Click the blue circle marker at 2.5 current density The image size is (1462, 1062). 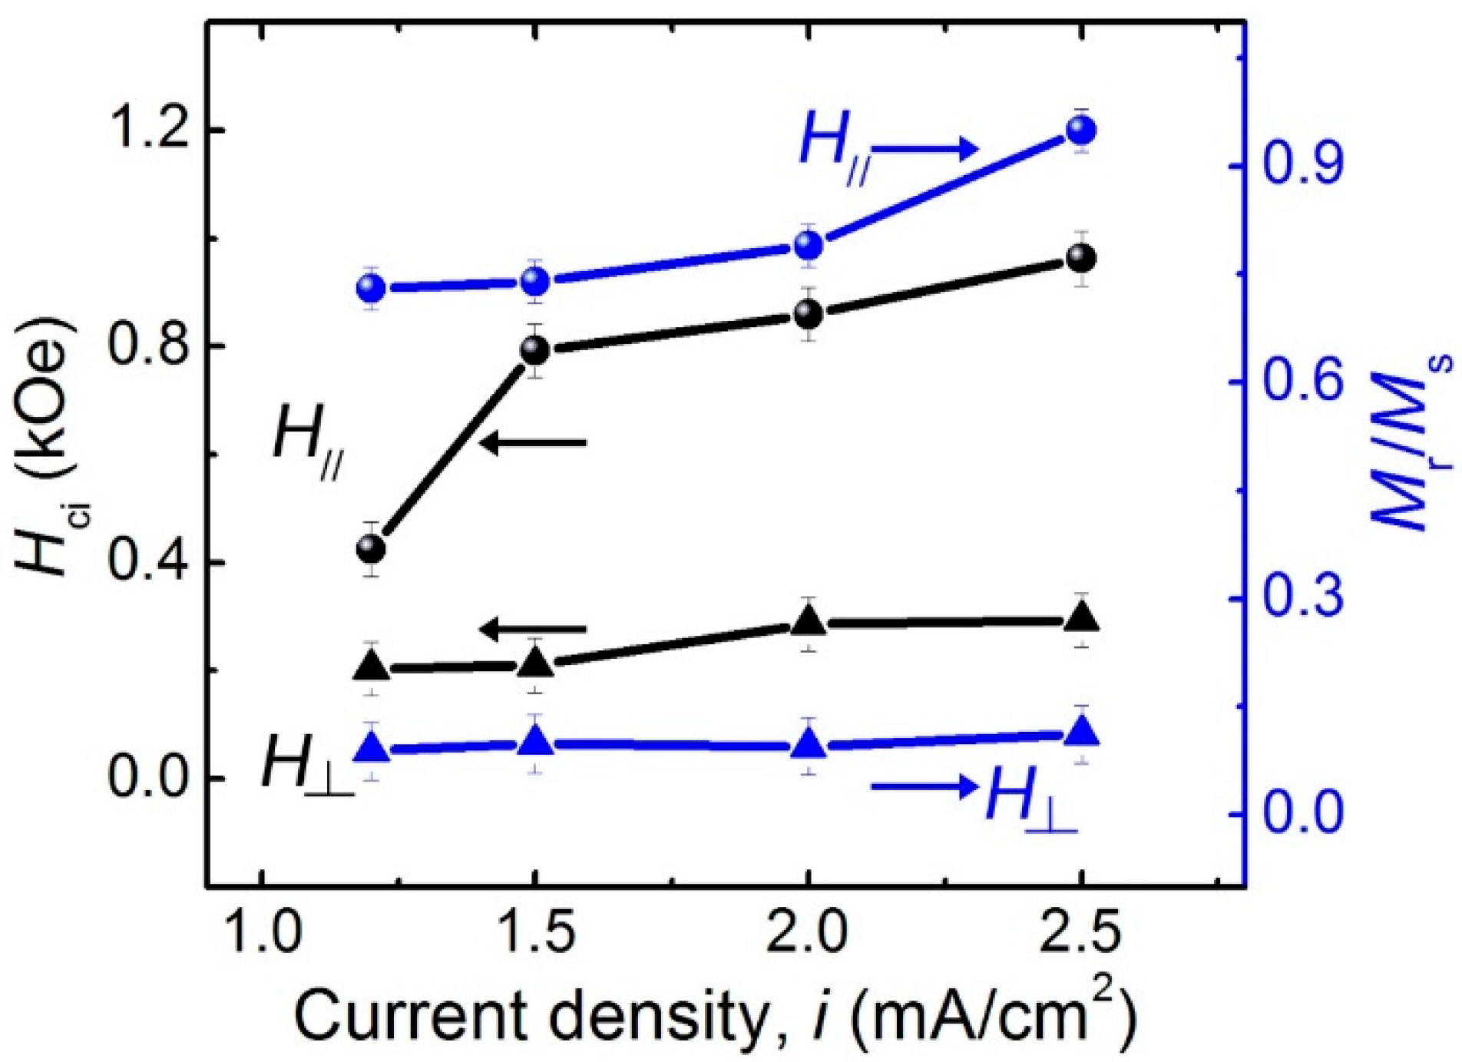coord(1082,131)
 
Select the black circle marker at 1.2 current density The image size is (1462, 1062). coord(372,549)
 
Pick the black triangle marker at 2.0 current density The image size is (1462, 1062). coord(808,621)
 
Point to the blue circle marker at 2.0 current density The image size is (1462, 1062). coord(808,246)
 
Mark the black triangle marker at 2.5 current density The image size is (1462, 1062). coord(1082,618)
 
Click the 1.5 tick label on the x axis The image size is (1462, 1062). coord(535,933)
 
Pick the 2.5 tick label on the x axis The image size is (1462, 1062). coord(1080,933)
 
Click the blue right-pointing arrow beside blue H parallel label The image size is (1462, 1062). coord(925,149)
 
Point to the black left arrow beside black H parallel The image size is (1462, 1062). coord(534,443)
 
